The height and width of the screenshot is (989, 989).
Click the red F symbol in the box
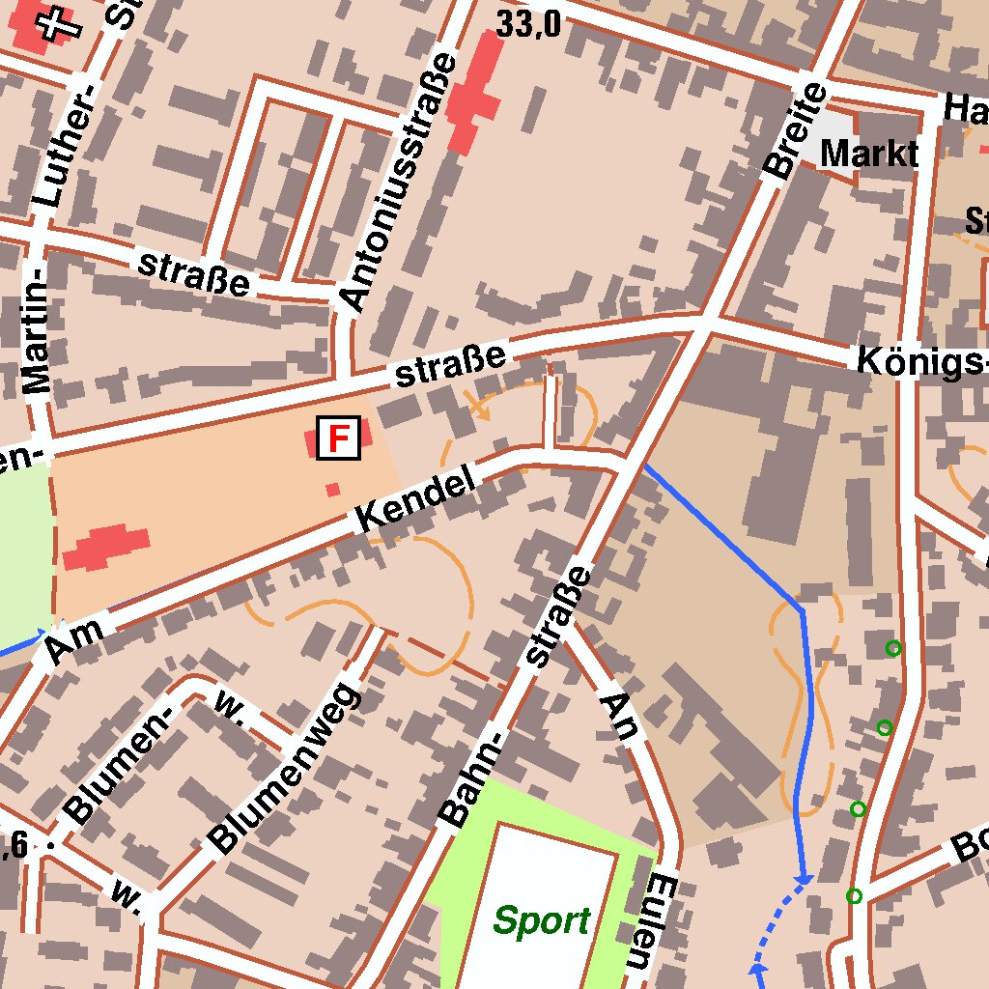click(338, 438)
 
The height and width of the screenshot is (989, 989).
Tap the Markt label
click(869, 153)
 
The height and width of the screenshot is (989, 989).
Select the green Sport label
click(541, 920)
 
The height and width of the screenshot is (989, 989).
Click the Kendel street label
click(416, 498)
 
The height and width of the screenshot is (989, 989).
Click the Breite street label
click(795, 132)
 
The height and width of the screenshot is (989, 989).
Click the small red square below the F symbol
click(333, 490)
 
